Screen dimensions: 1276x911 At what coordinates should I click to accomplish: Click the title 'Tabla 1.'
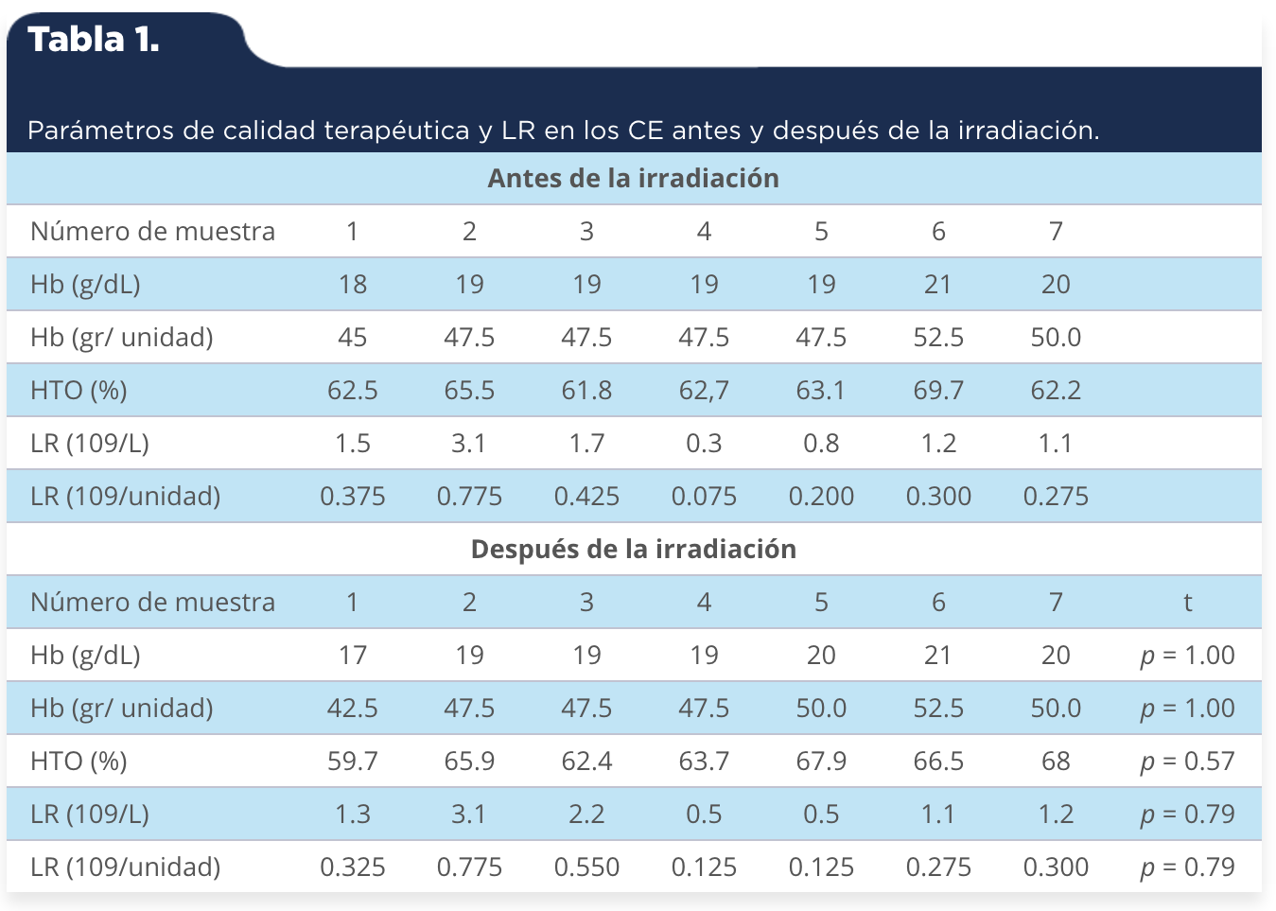[x=94, y=40]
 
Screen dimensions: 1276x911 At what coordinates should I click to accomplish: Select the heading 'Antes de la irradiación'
[x=633, y=179]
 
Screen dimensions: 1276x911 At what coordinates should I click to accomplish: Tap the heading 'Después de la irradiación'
[x=634, y=550]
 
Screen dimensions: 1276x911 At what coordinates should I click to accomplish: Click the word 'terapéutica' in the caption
[x=396, y=131]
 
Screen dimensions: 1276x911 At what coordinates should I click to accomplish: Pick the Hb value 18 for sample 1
[x=353, y=285]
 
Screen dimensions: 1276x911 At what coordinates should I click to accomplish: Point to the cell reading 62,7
[x=704, y=391]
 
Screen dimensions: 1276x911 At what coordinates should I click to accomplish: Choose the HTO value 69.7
[x=938, y=391]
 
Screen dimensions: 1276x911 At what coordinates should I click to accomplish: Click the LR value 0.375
[x=353, y=497]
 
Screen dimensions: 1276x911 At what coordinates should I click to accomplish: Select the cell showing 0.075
[x=704, y=497]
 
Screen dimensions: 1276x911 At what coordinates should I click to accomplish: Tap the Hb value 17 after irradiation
[x=353, y=656]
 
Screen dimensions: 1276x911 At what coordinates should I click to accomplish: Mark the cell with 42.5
[x=353, y=709]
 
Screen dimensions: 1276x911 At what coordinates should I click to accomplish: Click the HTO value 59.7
[x=353, y=762]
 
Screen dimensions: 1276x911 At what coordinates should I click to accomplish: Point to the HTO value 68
[x=1056, y=762]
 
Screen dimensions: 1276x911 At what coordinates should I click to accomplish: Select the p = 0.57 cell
[x=1187, y=762]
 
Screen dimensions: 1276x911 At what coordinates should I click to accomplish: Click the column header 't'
[x=1188, y=603]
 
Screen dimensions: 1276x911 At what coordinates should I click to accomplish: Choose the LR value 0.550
[x=586, y=867]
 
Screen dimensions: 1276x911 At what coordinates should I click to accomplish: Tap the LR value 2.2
[x=586, y=815]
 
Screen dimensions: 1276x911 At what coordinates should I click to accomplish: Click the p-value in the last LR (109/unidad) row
[x=1187, y=867]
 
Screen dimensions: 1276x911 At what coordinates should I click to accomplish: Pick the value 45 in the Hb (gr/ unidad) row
[x=353, y=338]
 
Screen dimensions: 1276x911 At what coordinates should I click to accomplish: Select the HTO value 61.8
[x=586, y=391]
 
